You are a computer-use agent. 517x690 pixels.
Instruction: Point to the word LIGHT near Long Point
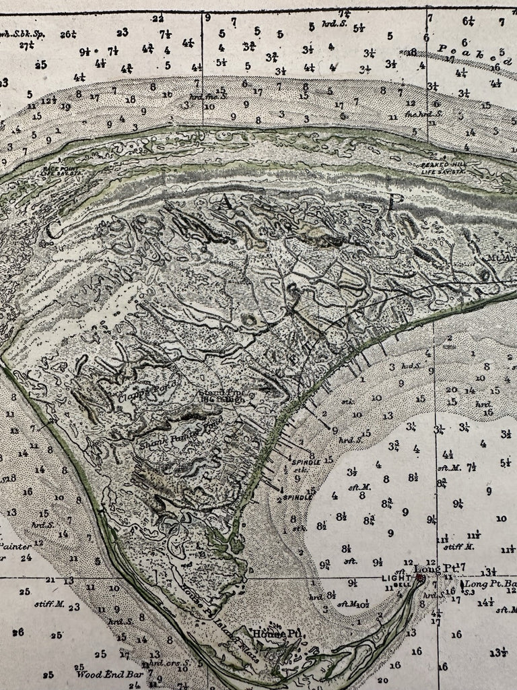point(396,578)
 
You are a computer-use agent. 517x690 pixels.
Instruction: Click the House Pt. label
point(266,633)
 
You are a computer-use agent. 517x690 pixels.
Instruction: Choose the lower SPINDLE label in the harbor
point(298,497)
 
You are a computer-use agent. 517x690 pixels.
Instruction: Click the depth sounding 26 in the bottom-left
point(18,632)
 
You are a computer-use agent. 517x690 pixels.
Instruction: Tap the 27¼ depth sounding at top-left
point(27,46)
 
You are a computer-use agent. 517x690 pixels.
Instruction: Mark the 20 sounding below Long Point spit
point(382,681)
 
